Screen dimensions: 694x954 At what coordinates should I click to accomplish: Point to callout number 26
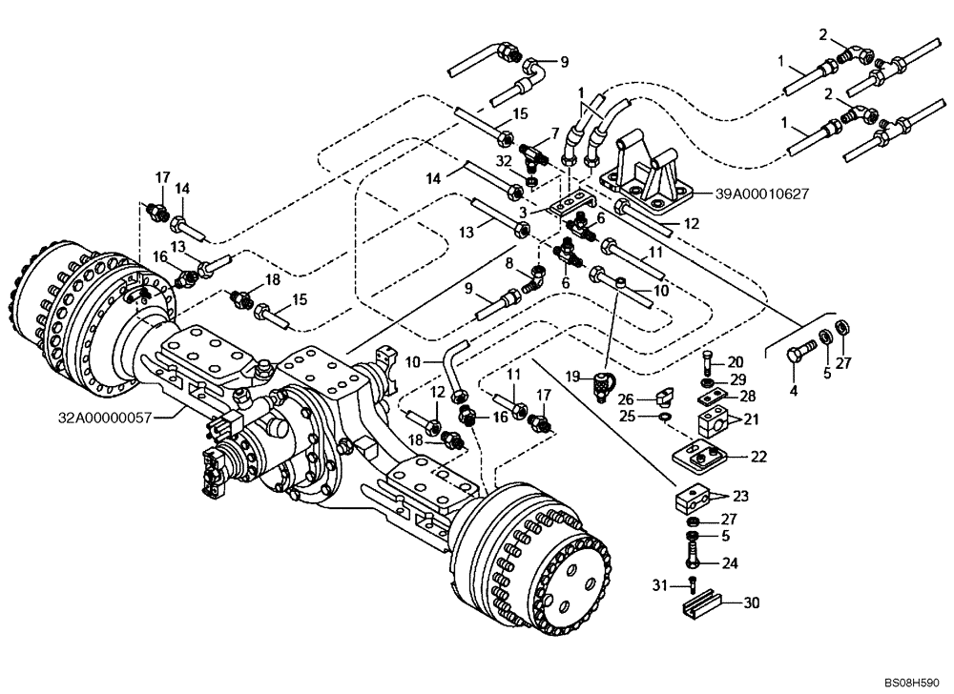(650, 399)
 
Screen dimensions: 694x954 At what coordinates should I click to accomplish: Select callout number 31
(672, 584)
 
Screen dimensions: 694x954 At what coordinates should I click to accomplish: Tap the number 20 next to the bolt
(735, 361)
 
